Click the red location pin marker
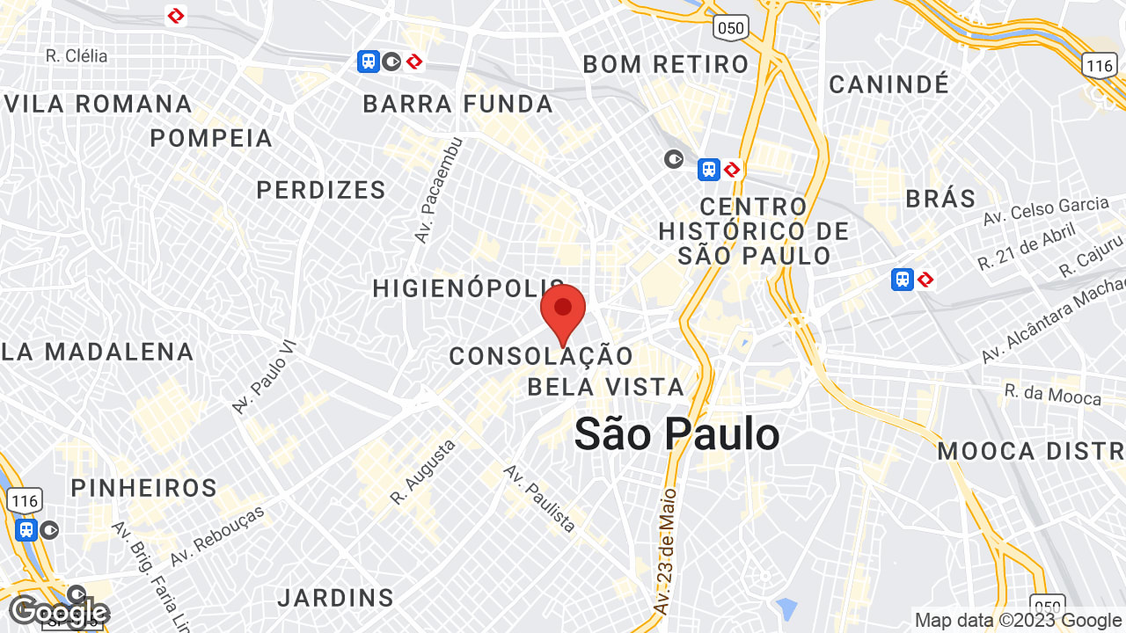click(563, 309)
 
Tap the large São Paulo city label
click(676, 434)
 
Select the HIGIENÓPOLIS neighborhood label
click(467, 288)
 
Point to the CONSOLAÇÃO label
click(541, 356)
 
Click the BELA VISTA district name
click(605, 387)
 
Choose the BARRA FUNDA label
click(458, 104)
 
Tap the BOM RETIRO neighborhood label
click(666, 64)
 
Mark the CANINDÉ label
click(889, 84)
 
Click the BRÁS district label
click(940, 198)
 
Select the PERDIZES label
click(321, 190)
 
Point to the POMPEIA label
click(211, 138)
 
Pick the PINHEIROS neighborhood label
click(144, 488)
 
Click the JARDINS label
click(335, 598)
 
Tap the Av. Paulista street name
click(540, 498)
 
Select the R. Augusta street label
click(423, 472)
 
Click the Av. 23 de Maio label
click(664, 551)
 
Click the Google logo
click(58, 612)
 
